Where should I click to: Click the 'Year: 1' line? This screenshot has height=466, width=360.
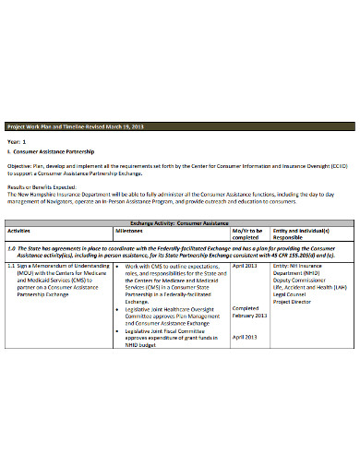17,139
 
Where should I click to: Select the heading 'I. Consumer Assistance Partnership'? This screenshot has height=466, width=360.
48,149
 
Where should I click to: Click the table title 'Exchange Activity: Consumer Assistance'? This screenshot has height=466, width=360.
179,223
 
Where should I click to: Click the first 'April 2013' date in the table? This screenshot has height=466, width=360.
245,266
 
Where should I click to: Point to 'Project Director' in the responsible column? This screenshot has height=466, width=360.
294,301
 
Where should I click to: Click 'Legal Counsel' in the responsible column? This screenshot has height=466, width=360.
292,293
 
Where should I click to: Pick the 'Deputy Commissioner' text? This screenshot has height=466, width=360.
302,280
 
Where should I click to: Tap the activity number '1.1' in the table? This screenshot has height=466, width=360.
12,266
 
